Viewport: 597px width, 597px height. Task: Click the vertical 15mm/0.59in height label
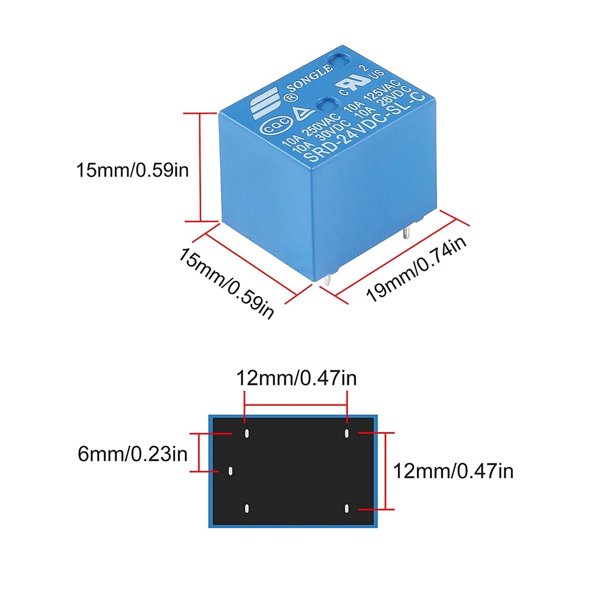(x=132, y=170)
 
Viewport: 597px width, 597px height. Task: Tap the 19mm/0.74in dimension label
(x=416, y=269)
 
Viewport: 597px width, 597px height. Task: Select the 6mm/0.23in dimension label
(x=132, y=454)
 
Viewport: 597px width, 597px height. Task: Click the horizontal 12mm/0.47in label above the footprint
(x=296, y=378)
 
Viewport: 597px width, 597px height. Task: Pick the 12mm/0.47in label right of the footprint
(x=453, y=471)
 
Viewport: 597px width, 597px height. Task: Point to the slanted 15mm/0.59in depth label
(x=226, y=283)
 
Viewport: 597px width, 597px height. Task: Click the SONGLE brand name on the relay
(x=309, y=79)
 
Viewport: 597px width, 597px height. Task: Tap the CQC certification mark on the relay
(x=276, y=126)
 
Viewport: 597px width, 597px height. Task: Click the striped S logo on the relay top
(x=264, y=103)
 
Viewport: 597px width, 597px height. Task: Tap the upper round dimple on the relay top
(x=340, y=61)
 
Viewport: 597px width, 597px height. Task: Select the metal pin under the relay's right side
(x=406, y=232)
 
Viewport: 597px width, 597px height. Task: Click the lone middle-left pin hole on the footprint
(x=230, y=471)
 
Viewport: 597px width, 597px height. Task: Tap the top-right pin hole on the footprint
(x=346, y=433)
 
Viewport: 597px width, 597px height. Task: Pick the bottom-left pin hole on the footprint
(x=247, y=508)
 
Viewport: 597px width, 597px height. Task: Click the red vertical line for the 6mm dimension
(x=199, y=452)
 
